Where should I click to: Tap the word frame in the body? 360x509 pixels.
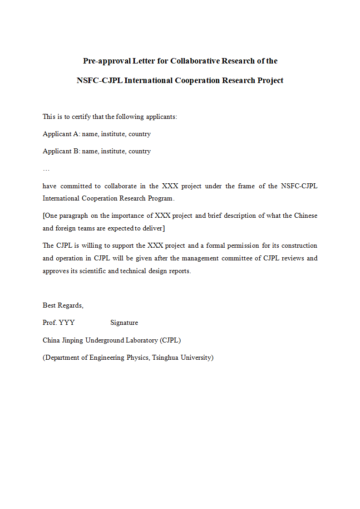click(246, 186)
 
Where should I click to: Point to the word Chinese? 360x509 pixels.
click(306, 215)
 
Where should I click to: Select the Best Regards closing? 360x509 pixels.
click(63, 305)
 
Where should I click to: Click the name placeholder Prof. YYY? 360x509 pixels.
click(59, 323)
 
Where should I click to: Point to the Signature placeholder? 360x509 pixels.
click(124, 323)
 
